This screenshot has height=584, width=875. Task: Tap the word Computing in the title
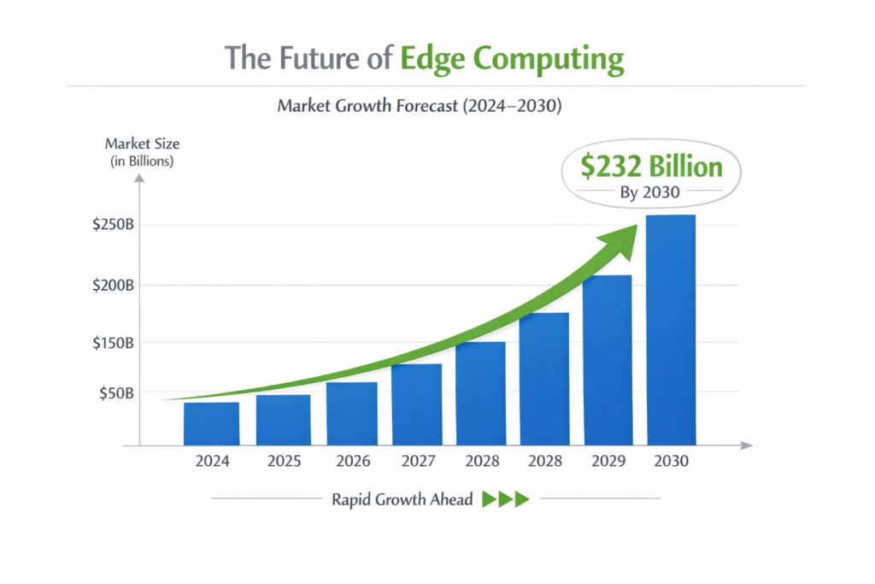(549, 60)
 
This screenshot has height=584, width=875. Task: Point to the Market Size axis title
(142, 144)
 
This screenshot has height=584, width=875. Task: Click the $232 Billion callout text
(650, 166)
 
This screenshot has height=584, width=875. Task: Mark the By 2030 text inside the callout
(649, 192)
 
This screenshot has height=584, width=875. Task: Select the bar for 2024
(211, 423)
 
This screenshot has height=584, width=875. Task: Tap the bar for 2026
(351, 413)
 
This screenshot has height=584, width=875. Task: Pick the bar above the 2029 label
(607, 359)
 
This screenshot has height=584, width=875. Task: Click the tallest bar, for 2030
(671, 329)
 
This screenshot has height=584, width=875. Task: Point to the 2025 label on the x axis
(284, 461)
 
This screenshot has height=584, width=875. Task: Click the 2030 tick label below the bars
(671, 461)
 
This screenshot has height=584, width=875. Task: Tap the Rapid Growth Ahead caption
(402, 499)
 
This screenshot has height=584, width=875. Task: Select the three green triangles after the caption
(506, 499)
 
